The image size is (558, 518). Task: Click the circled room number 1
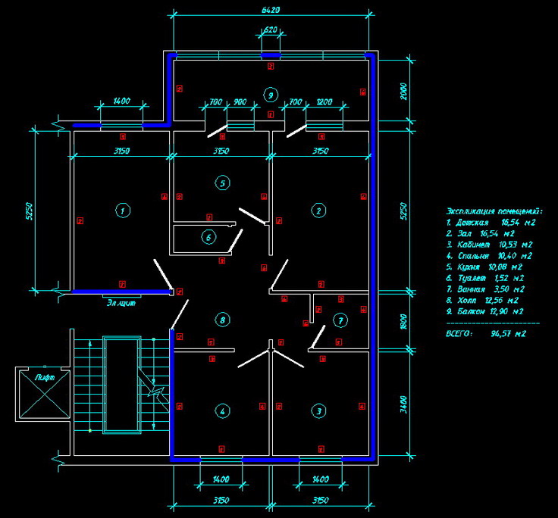[121, 211]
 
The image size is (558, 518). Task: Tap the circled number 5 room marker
[222, 183]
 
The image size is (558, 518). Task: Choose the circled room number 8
[222, 319]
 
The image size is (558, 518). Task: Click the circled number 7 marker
[340, 320]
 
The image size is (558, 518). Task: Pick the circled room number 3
[319, 410]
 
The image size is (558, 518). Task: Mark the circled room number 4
[222, 411]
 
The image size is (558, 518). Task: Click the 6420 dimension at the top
[271, 11]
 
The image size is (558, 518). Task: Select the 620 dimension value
[271, 30]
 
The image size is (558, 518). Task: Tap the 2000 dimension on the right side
[403, 91]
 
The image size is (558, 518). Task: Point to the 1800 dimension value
[403, 321]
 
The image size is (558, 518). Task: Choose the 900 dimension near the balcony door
[240, 101]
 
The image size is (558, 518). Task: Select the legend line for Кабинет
[488, 245]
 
